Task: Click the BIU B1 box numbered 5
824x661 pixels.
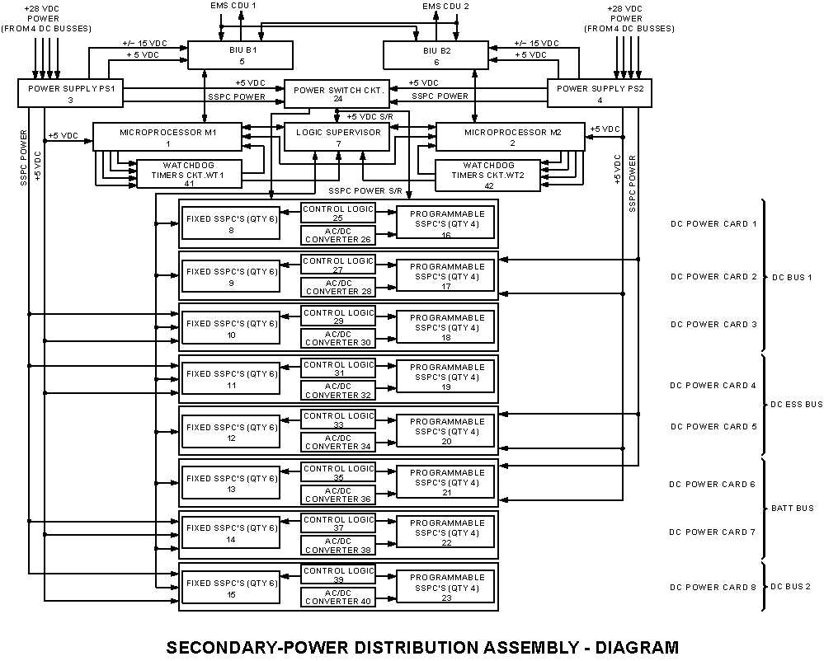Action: click(241, 54)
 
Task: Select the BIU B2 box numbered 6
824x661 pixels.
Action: click(436, 55)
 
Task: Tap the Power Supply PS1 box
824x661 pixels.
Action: click(71, 93)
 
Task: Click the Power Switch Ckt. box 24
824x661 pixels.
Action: click(336, 94)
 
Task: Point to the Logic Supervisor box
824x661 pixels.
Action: click(337, 137)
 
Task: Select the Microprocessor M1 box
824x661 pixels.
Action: click(167, 137)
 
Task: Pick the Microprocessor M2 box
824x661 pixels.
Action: click(510, 137)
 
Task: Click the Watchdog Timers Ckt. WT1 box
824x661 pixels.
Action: click(189, 174)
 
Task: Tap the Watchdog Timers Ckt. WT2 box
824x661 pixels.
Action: click(487, 175)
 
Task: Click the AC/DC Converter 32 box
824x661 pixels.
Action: click(337, 391)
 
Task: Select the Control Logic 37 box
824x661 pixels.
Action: click(338, 523)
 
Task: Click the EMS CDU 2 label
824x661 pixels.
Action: click(445, 6)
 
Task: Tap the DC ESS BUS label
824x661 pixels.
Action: click(796, 405)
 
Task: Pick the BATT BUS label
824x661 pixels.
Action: click(792, 509)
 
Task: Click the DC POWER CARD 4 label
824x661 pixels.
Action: click(712, 385)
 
